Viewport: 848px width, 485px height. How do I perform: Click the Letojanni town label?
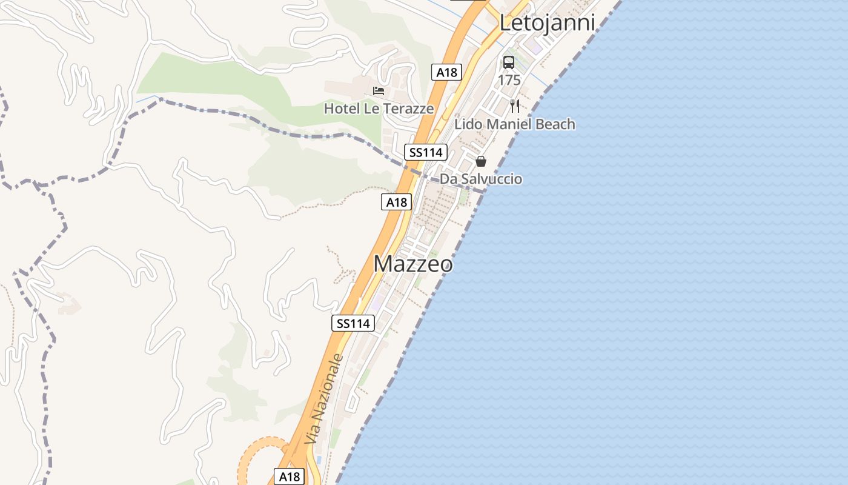547,22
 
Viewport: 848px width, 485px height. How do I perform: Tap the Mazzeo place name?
412,264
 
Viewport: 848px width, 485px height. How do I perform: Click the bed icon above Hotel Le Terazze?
379,91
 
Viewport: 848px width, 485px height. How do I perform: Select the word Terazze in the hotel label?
407,109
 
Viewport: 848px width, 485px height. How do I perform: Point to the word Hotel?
342,109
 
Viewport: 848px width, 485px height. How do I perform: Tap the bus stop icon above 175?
509,62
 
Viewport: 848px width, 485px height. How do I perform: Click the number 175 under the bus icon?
509,80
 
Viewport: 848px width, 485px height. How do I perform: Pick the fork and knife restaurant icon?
515,106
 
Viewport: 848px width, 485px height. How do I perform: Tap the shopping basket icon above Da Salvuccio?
481,161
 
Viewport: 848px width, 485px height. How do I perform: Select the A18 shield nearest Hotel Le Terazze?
447,72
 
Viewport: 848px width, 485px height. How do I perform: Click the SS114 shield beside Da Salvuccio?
426,152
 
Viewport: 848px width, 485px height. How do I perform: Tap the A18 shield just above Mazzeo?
397,202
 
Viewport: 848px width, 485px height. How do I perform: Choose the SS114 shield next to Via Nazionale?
353,323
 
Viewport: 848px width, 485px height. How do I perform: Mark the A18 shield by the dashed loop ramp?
289,477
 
